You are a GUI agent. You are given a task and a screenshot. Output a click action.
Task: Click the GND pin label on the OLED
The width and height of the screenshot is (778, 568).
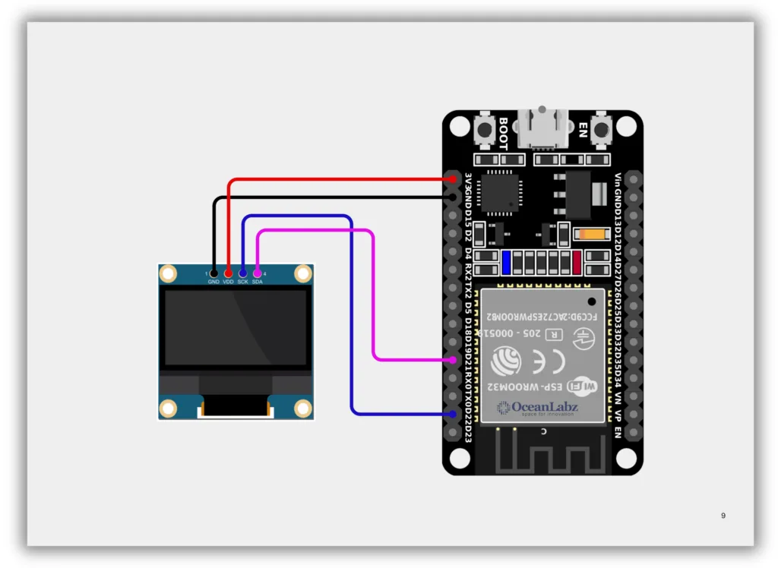point(213,282)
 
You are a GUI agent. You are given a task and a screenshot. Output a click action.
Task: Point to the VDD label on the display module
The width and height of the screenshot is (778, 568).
point(228,282)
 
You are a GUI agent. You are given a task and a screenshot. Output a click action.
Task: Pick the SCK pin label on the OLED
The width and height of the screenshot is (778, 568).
point(242,282)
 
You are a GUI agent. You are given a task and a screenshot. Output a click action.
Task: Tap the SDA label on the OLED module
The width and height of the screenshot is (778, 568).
point(258,282)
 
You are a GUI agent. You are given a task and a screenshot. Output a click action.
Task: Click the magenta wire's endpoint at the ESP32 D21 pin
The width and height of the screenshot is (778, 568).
point(453,359)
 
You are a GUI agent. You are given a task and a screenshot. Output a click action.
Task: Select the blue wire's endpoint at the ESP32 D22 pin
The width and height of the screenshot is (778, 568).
point(453,414)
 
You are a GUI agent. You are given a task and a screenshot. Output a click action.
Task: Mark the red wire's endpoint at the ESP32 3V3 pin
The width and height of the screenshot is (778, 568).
point(453,179)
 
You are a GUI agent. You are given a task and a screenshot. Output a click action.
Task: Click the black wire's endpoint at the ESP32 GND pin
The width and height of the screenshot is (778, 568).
point(453,197)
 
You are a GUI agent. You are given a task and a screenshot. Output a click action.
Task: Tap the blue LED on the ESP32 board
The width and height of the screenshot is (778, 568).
point(506,262)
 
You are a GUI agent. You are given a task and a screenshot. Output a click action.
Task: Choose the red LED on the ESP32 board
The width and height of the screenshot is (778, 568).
point(577,262)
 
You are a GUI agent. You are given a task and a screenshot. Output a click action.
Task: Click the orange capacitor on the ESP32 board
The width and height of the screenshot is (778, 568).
point(590,235)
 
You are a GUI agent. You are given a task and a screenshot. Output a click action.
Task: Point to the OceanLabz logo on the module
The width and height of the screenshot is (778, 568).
point(537,408)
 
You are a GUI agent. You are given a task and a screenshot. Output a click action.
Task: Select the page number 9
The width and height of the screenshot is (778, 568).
point(723,516)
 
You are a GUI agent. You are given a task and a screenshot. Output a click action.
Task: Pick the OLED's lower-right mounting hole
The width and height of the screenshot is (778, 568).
point(303,408)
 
